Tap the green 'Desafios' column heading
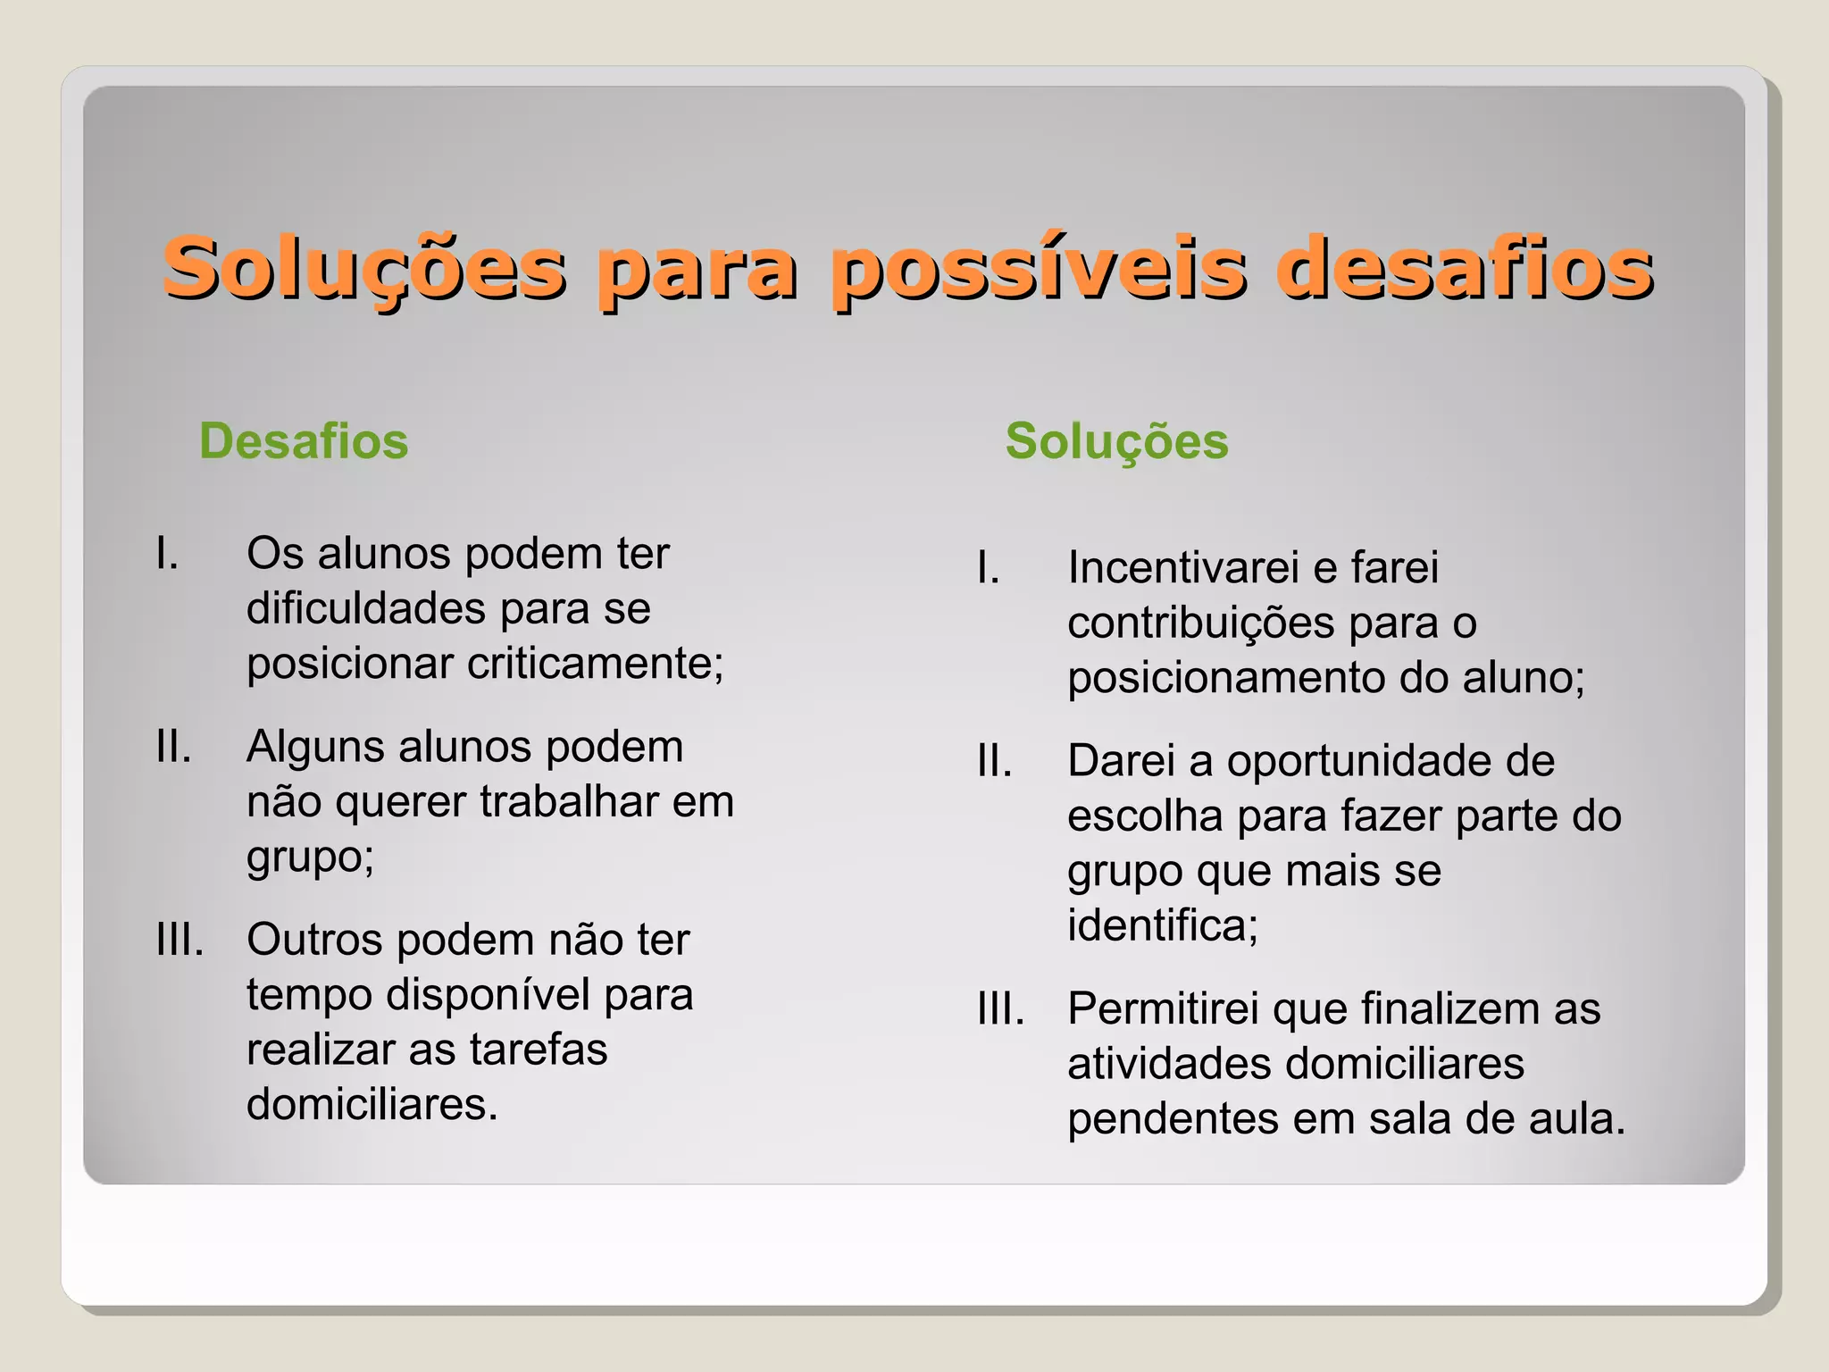coord(304,441)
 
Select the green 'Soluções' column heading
coord(1116,441)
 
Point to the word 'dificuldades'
coord(366,608)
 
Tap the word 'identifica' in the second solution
coord(1161,925)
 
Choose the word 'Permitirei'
coord(1163,1009)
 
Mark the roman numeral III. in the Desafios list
coord(180,940)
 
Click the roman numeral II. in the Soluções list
coord(994,761)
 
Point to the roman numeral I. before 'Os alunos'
coord(167,554)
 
